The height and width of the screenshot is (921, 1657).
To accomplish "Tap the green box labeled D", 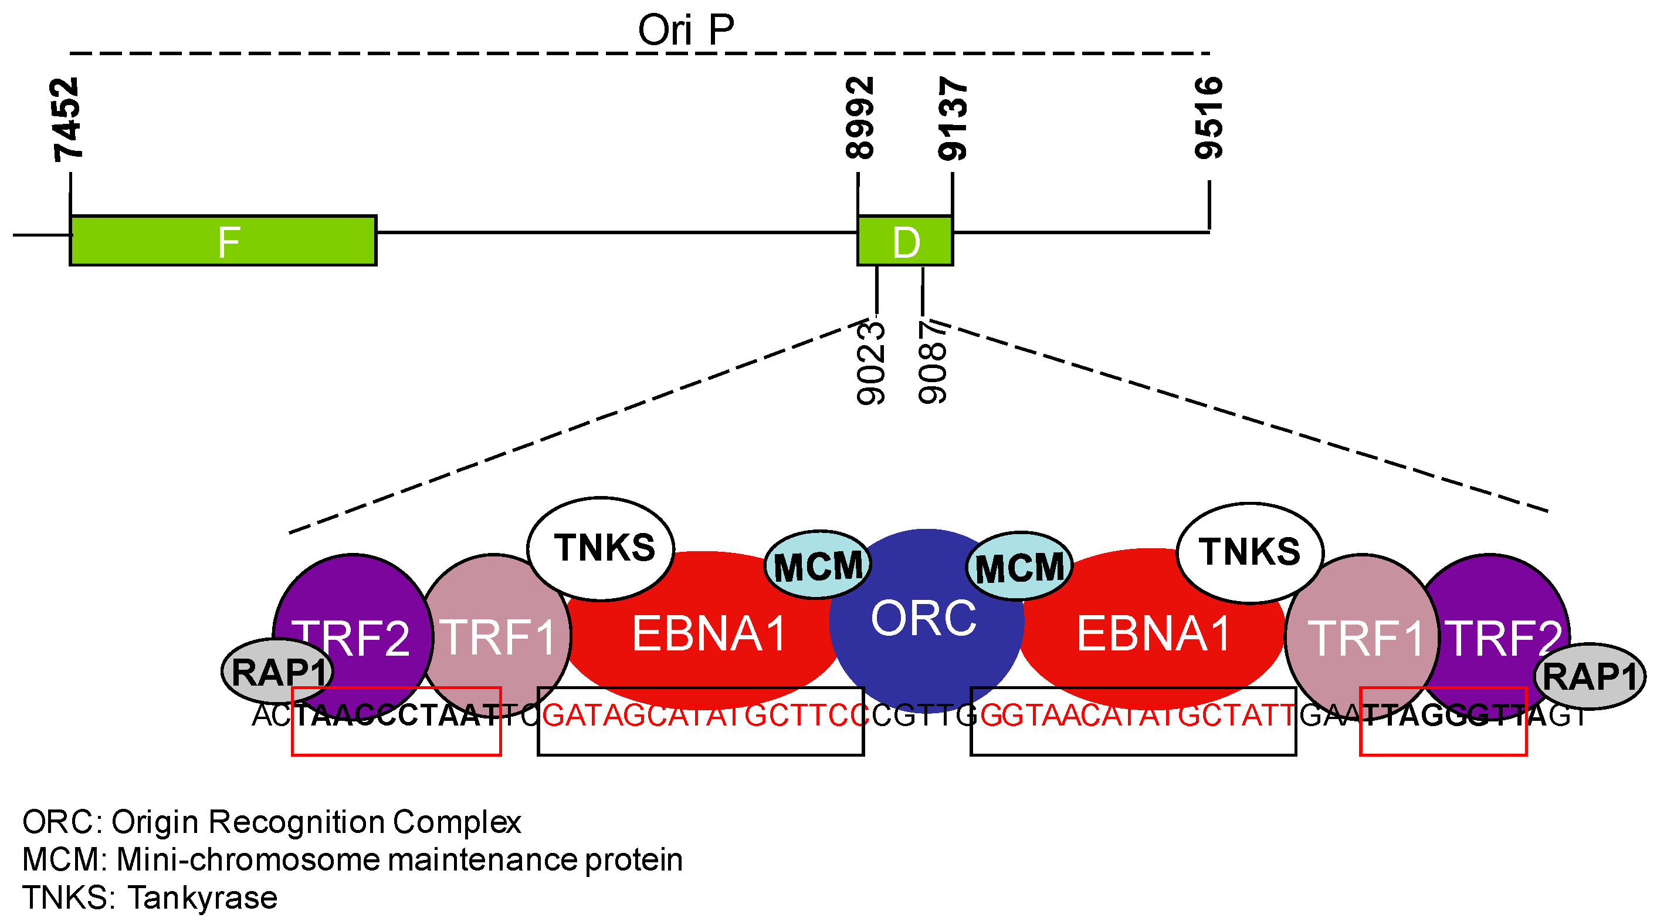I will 904,241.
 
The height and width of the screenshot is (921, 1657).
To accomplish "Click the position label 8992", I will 859,118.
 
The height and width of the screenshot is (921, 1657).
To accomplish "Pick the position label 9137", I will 952,118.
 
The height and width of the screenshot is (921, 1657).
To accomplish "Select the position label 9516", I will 1208,118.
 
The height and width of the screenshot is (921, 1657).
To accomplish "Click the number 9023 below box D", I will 871,363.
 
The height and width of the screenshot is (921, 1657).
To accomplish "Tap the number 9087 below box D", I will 932,363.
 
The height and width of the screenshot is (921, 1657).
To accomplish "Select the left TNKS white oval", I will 600,548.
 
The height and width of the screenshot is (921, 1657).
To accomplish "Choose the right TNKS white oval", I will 1249,552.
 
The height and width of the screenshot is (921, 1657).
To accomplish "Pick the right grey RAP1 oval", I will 1589,676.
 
